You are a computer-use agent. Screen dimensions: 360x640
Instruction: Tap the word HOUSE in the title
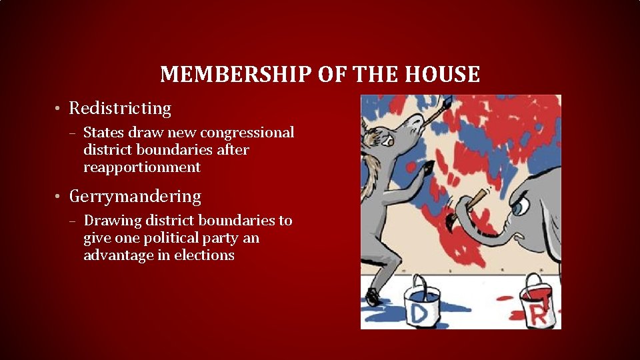pos(447,74)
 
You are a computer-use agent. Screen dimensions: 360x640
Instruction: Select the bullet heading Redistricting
pos(120,108)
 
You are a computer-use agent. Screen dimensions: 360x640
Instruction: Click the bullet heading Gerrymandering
pos(135,197)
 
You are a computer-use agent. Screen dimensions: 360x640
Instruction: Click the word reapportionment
pos(142,167)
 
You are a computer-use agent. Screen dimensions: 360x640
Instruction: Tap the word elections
pos(204,255)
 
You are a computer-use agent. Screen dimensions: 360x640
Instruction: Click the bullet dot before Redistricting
pos(59,109)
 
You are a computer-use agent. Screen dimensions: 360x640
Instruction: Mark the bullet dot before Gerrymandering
pos(59,197)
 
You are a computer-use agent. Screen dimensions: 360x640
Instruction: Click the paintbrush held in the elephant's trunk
pos(475,201)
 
